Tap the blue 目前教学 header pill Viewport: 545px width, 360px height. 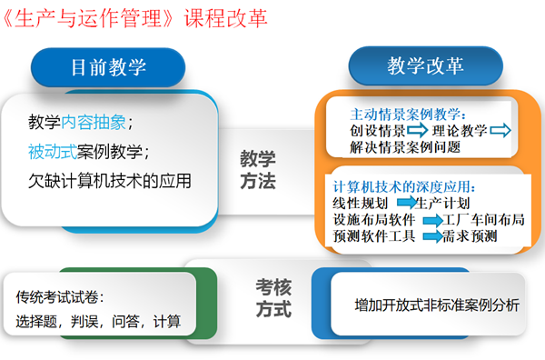(108, 66)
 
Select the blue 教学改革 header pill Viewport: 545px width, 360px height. (425, 66)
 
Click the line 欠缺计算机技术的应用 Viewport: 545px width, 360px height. (110, 179)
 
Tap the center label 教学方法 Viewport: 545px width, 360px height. (258, 169)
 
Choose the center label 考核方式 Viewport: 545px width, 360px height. (272, 298)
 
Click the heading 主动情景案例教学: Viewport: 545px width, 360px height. (408, 115)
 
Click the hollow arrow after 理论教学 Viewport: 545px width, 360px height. (500, 131)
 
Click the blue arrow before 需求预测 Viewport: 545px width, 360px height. (430, 237)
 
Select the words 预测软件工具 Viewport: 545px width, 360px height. (375, 237)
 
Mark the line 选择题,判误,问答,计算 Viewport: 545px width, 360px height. (98, 320)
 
